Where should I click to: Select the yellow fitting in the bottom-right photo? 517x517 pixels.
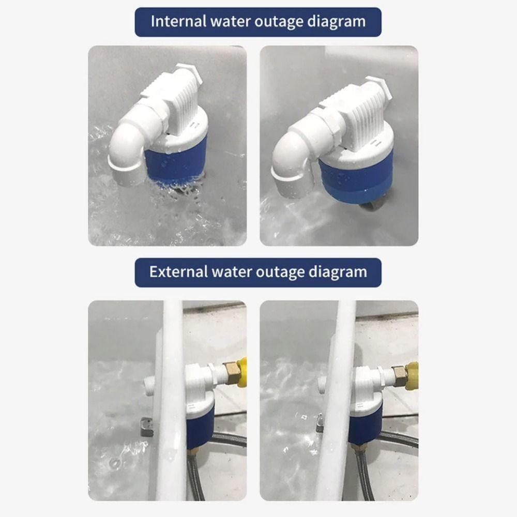point(412,375)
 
